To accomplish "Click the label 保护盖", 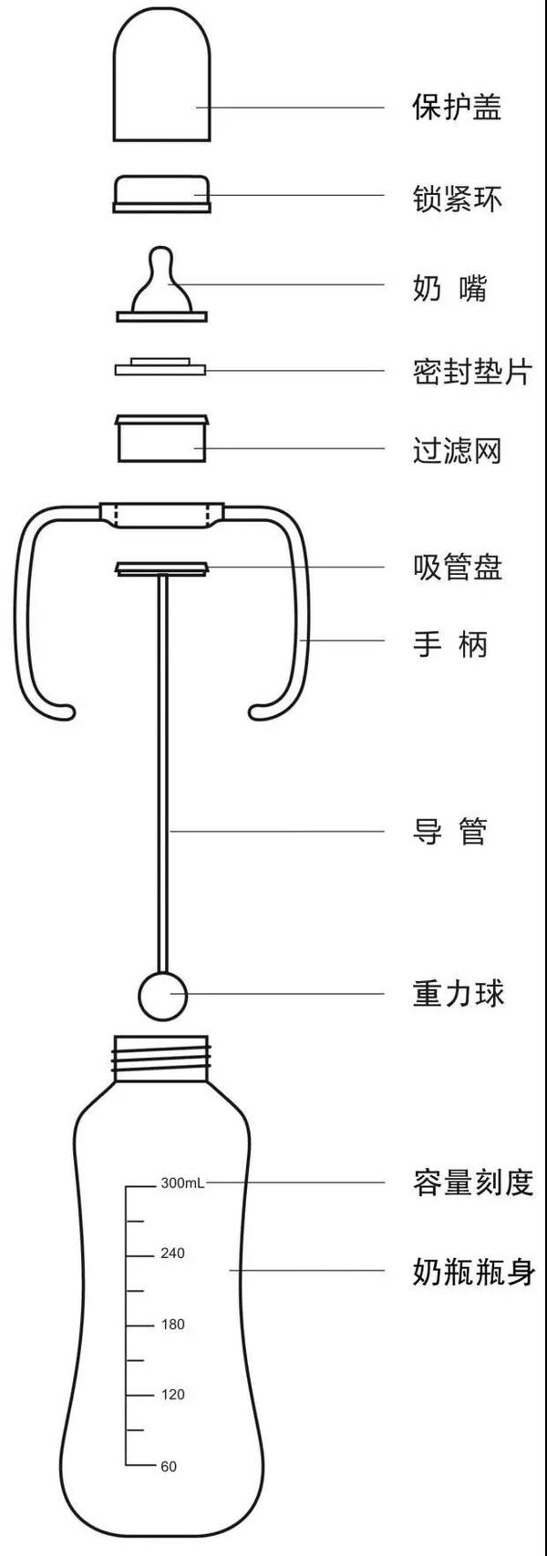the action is click(457, 107).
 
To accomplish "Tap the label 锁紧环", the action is click(457, 198).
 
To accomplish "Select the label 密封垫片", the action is click(472, 372).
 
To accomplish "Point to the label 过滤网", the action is click(457, 450).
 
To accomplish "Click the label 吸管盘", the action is click(457, 567).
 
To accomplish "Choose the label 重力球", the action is click(458, 993).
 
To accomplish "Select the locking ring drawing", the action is click(162, 194).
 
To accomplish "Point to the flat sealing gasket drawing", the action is click(160, 366).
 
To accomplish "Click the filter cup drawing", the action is click(162, 438).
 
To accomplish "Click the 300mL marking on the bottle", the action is click(182, 1182).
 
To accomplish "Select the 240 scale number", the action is click(172, 1254).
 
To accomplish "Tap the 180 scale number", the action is click(172, 1324).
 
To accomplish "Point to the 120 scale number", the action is click(172, 1394).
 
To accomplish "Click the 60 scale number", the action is click(168, 1467).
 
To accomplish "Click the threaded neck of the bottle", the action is click(161, 1057).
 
